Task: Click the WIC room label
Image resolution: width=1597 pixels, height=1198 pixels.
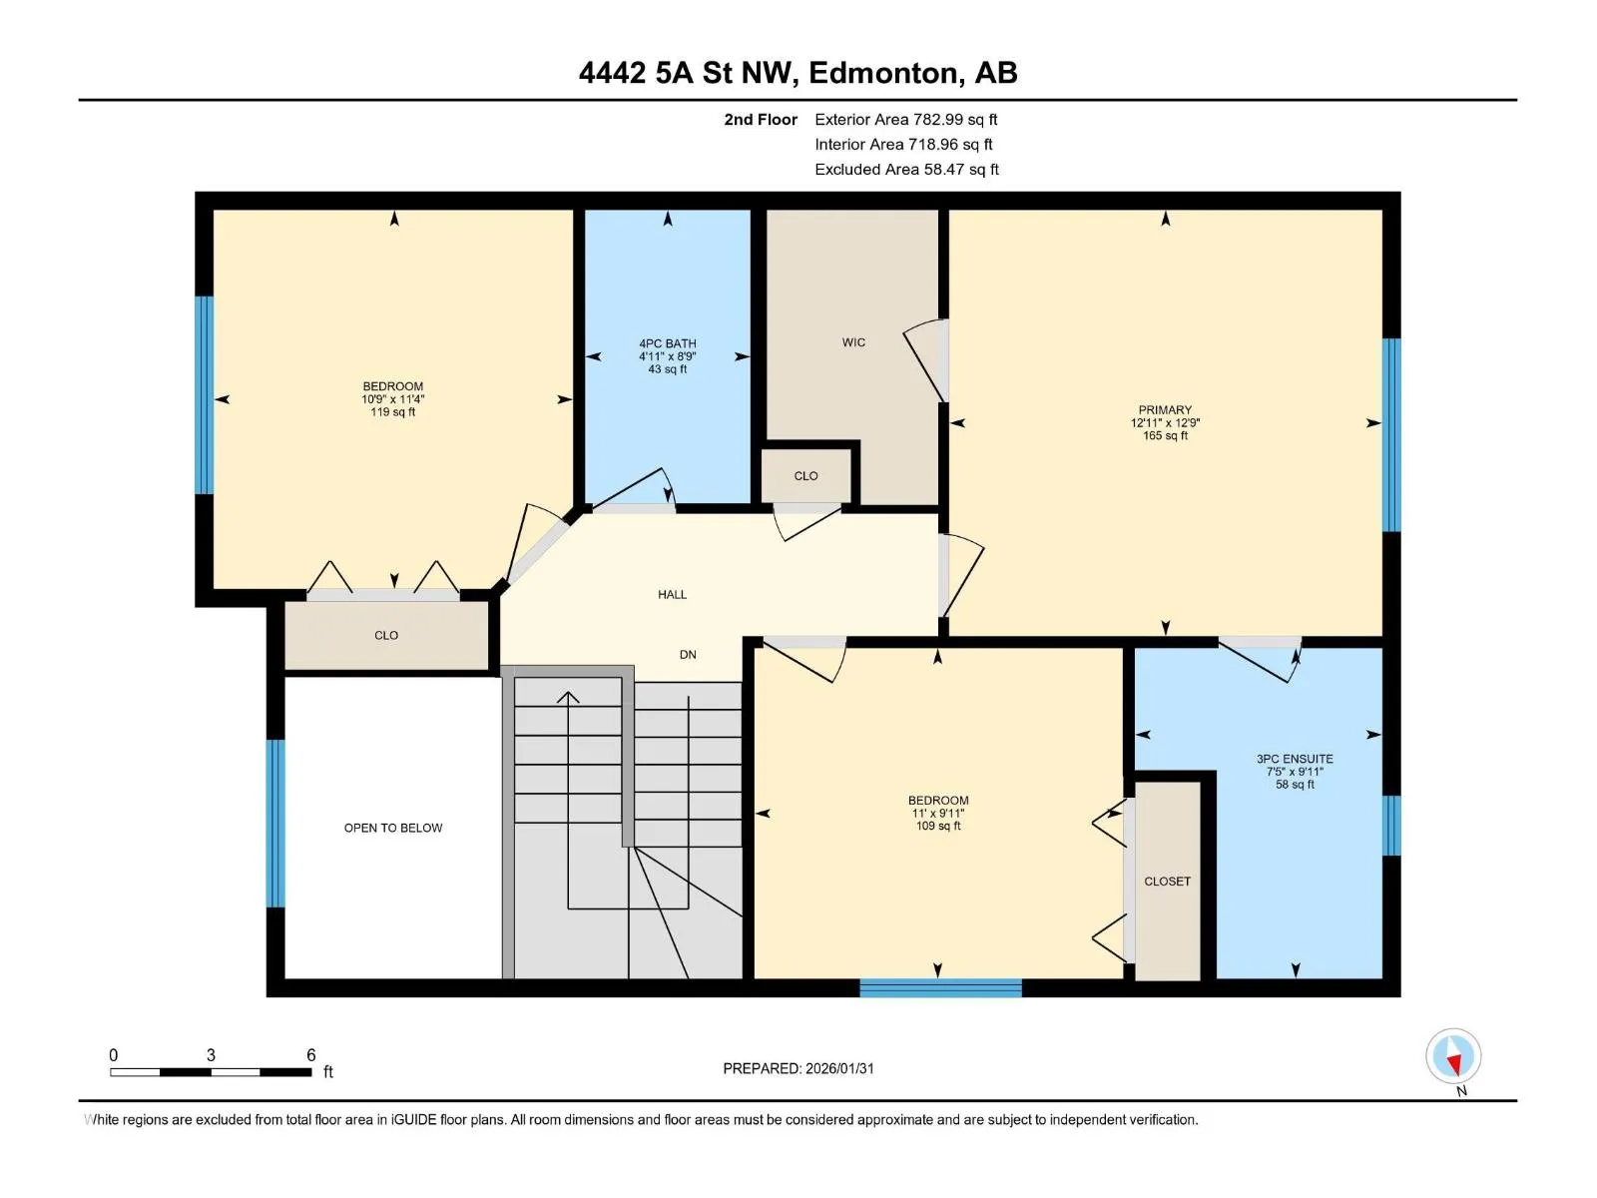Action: [853, 342]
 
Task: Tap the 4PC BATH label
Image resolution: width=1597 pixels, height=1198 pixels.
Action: [667, 343]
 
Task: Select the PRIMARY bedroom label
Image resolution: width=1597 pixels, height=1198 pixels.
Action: [1165, 409]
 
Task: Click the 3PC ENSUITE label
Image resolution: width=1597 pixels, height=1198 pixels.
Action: [1295, 759]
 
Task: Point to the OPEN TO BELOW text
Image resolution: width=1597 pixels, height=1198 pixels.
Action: [393, 828]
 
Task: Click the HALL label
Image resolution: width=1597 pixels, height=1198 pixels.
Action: [672, 594]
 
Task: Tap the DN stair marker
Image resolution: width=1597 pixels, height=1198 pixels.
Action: [688, 655]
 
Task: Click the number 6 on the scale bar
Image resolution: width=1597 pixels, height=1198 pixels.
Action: [310, 1054]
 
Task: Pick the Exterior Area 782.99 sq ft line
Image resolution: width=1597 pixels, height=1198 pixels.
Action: [906, 119]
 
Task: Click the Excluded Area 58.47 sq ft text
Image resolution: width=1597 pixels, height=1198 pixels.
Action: [906, 170]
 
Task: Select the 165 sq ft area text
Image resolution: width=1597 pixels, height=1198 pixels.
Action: [1165, 435]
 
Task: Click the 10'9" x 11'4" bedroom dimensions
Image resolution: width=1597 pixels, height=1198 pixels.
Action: [393, 399]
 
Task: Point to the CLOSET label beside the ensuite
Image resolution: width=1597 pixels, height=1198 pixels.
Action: [1167, 882]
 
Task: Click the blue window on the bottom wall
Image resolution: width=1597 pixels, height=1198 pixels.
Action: [941, 987]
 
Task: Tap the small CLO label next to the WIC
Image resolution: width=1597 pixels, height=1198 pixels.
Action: [805, 476]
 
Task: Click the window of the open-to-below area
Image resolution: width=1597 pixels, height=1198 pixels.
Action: [275, 824]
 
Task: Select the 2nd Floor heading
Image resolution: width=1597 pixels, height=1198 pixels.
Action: [761, 119]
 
